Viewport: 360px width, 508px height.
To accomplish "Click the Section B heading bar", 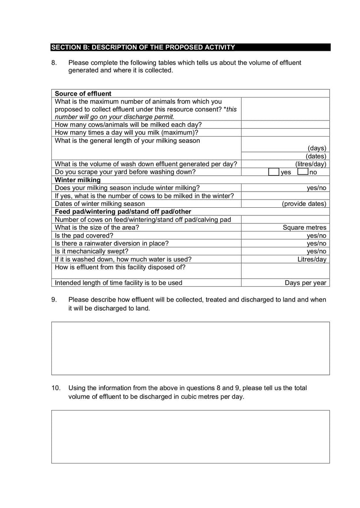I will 190,47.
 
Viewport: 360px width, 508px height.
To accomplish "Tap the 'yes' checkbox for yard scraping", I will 274,172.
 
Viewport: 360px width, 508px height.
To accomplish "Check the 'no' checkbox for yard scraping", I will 302,172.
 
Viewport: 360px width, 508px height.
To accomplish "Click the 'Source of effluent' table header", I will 83,94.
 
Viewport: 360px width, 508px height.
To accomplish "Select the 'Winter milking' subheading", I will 77,180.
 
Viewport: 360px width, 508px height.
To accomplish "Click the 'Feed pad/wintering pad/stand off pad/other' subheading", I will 123,211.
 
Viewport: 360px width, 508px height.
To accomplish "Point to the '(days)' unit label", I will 317,148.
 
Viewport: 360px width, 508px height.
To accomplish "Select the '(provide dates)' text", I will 304,204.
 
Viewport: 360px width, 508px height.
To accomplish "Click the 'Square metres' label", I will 305,227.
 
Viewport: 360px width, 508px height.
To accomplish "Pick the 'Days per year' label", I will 306,283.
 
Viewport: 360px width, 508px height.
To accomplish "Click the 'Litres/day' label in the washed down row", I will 312,259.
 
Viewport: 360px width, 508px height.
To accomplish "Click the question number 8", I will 54,63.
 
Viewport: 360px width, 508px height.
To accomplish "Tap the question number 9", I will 54,299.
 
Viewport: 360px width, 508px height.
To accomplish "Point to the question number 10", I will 55,388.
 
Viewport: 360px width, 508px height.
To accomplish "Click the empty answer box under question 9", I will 190,348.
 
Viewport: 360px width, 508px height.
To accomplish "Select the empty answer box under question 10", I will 190,436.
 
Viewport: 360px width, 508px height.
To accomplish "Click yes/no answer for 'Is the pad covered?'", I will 316,235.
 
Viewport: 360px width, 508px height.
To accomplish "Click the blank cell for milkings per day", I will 285,133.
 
